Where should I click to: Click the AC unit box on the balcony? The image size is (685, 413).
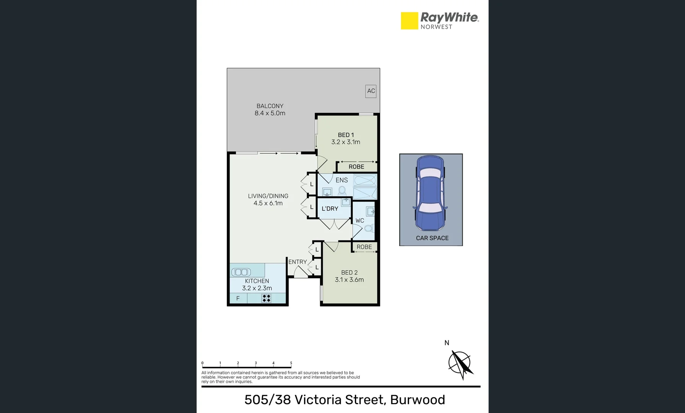tap(371, 91)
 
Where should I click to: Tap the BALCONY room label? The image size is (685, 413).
tap(270, 106)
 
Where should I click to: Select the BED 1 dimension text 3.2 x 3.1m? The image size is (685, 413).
tap(345, 142)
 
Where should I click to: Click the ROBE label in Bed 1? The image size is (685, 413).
tap(356, 167)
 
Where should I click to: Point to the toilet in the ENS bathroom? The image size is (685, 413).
tap(342, 190)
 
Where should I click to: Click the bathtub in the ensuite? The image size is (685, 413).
tap(365, 180)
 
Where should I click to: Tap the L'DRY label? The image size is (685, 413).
tap(330, 209)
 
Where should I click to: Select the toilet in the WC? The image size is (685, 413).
tap(368, 228)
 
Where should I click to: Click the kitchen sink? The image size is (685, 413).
tap(241, 272)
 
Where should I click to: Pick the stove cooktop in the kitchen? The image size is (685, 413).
tap(267, 298)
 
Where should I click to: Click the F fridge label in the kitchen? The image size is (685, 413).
tap(238, 298)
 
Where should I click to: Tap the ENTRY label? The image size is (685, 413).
tap(298, 262)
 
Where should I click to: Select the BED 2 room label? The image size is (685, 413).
tap(349, 273)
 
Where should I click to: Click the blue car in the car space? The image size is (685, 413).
tap(430, 193)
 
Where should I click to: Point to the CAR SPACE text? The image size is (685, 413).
tap(432, 238)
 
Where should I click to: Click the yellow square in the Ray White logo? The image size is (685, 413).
tap(409, 21)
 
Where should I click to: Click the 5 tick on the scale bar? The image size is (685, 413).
tap(291, 364)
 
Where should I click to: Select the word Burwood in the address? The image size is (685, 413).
tap(417, 400)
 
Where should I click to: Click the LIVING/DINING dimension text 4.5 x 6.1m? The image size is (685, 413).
tap(268, 203)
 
